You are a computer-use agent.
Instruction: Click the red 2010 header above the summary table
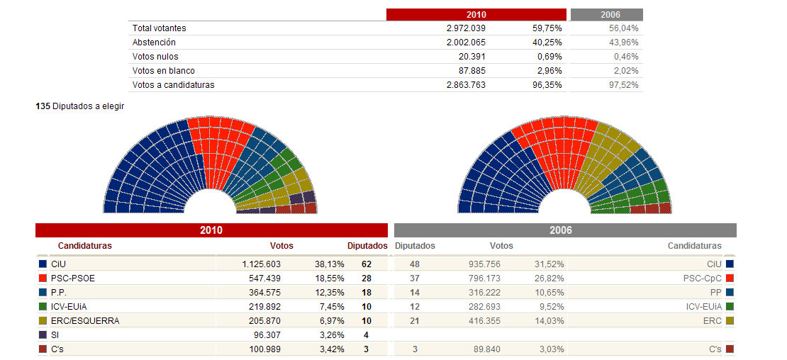tap(476, 14)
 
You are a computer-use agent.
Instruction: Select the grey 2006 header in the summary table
tap(606, 14)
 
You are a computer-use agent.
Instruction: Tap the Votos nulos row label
tap(155, 57)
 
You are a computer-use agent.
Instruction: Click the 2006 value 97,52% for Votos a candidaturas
tap(624, 85)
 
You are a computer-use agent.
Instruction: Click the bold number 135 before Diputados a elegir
tap(43, 106)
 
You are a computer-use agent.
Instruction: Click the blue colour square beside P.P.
tap(43, 292)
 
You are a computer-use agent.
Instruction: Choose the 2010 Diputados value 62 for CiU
tap(366, 264)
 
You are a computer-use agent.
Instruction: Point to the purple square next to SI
tap(43, 335)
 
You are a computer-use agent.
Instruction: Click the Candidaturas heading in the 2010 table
tap(84, 246)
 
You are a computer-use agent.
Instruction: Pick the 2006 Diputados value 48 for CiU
tap(415, 264)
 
